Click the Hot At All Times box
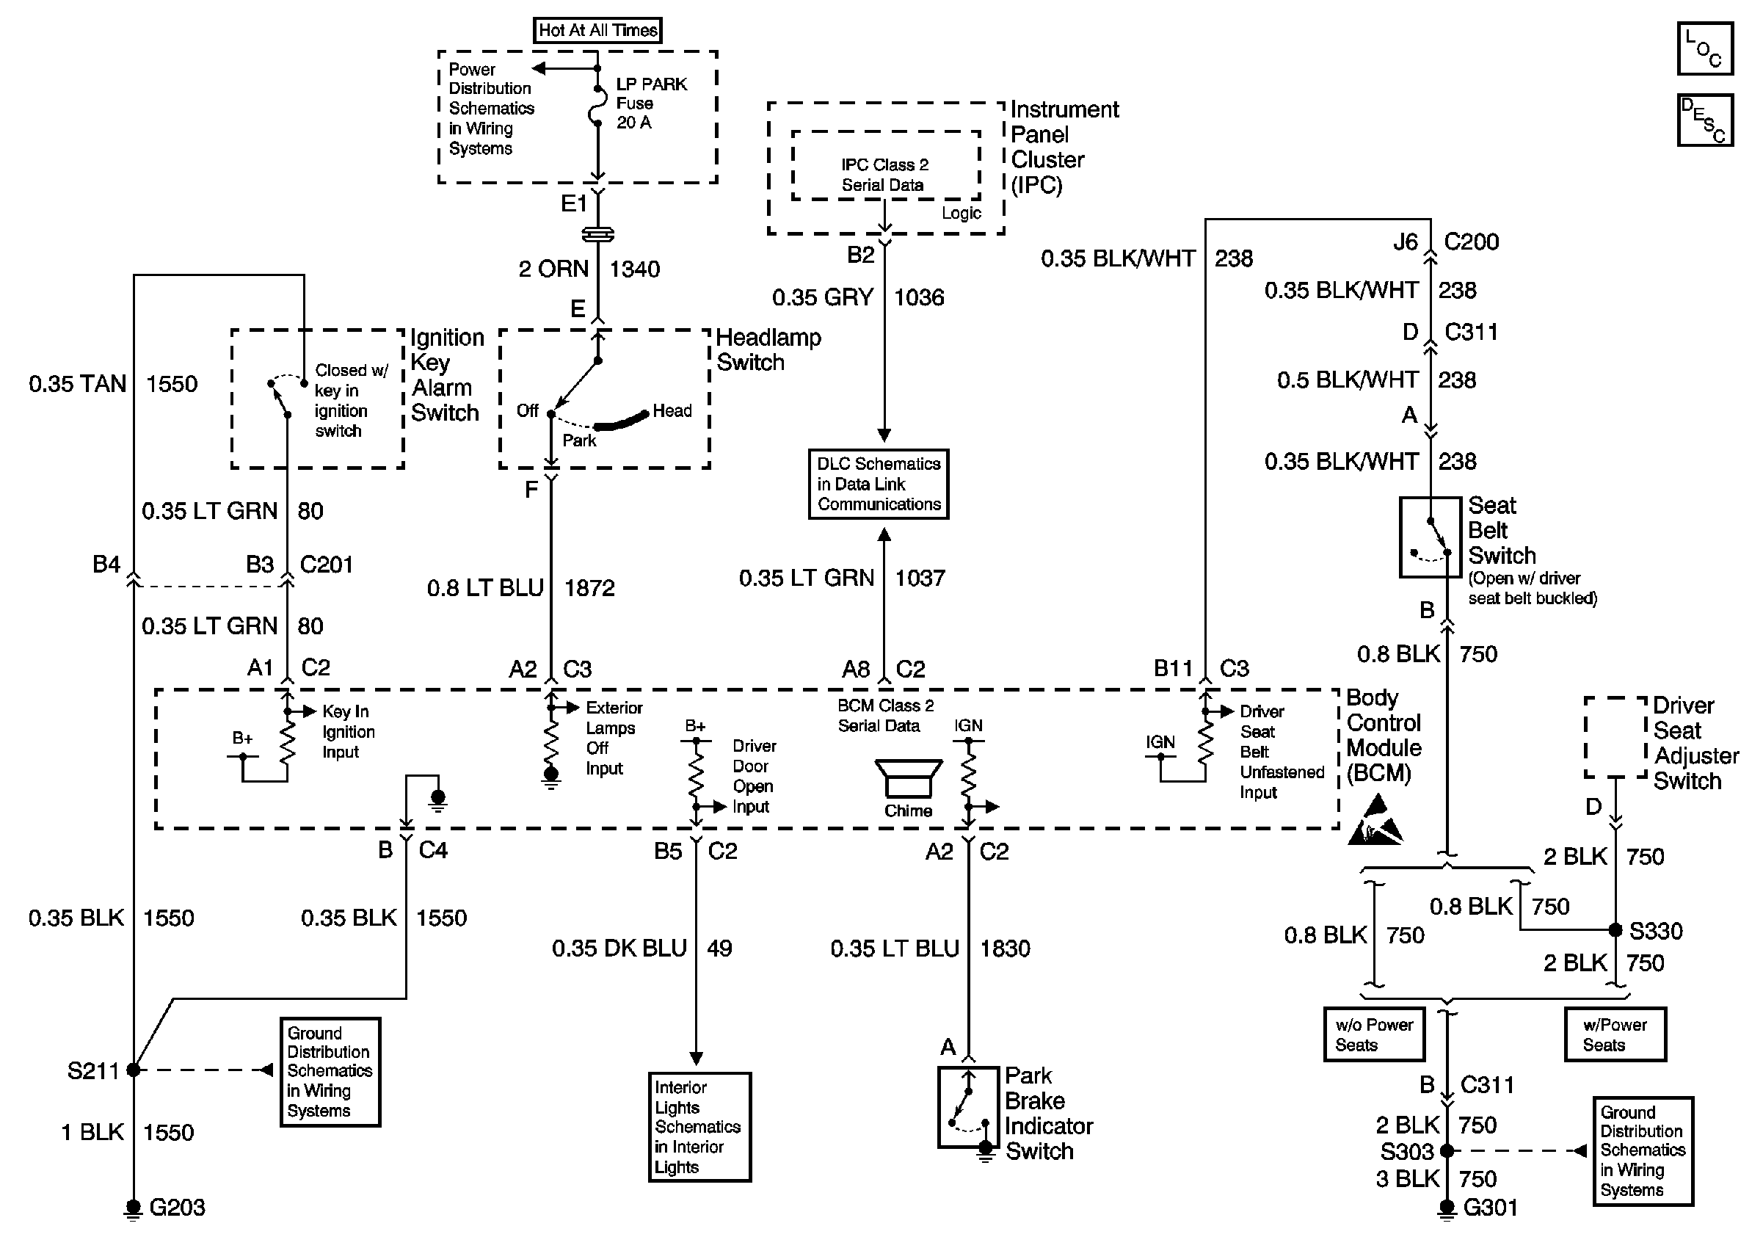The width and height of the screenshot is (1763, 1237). [597, 31]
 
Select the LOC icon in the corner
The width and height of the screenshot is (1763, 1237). [1704, 48]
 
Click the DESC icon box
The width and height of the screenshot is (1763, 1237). [1704, 120]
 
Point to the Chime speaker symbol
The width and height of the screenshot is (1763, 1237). [909, 780]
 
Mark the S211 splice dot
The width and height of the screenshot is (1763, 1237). [134, 1070]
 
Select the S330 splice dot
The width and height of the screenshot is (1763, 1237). [1615, 931]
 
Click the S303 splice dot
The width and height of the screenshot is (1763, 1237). [1447, 1151]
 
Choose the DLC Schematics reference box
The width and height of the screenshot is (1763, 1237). [879, 485]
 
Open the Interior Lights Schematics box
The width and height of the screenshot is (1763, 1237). [699, 1126]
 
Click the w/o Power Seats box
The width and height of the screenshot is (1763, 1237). [1374, 1034]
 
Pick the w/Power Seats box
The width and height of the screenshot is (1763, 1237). [1615, 1034]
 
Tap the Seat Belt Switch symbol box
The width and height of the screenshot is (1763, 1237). [1430, 537]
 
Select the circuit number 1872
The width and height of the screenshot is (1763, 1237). [589, 588]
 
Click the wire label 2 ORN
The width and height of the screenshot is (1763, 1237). [553, 269]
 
